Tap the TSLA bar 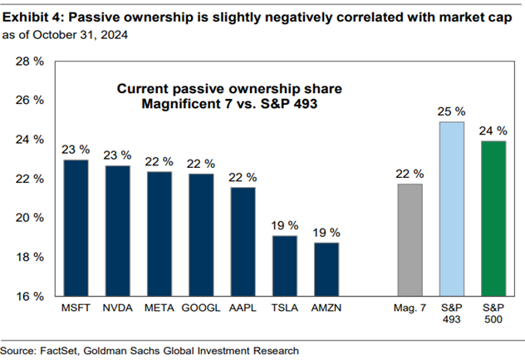tap(285, 266)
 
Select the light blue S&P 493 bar tap(452, 209)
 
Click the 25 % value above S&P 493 tap(452, 111)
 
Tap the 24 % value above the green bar tap(493, 131)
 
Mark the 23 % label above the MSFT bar tap(76, 150)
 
